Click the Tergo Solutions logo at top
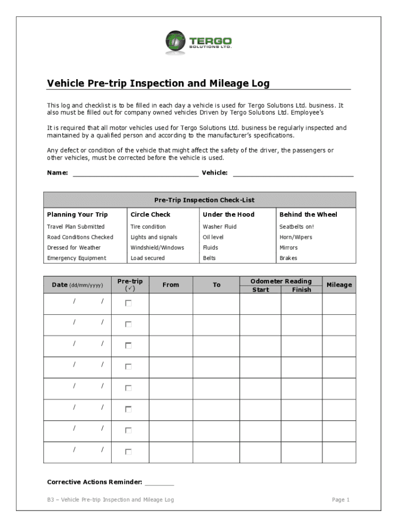[x=198, y=42]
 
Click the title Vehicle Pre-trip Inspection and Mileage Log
[x=158, y=83]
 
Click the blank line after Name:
[x=135, y=173]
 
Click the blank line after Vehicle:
[x=293, y=173]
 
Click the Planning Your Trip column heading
[x=77, y=214]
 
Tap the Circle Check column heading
[x=150, y=214]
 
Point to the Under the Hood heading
[x=228, y=214]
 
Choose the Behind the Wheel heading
[x=308, y=214]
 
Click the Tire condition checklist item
[x=148, y=227]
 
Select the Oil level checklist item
[x=213, y=237]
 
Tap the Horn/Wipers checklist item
[x=295, y=237]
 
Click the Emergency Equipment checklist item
[x=77, y=258]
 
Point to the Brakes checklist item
[x=288, y=258]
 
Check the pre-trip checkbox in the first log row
[x=128, y=304]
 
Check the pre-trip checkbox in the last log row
[x=128, y=452]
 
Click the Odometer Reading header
[x=281, y=281]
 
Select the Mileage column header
[x=339, y=285]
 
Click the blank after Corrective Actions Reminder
[x=159, y=482]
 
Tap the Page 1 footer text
[x=340, y=500]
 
